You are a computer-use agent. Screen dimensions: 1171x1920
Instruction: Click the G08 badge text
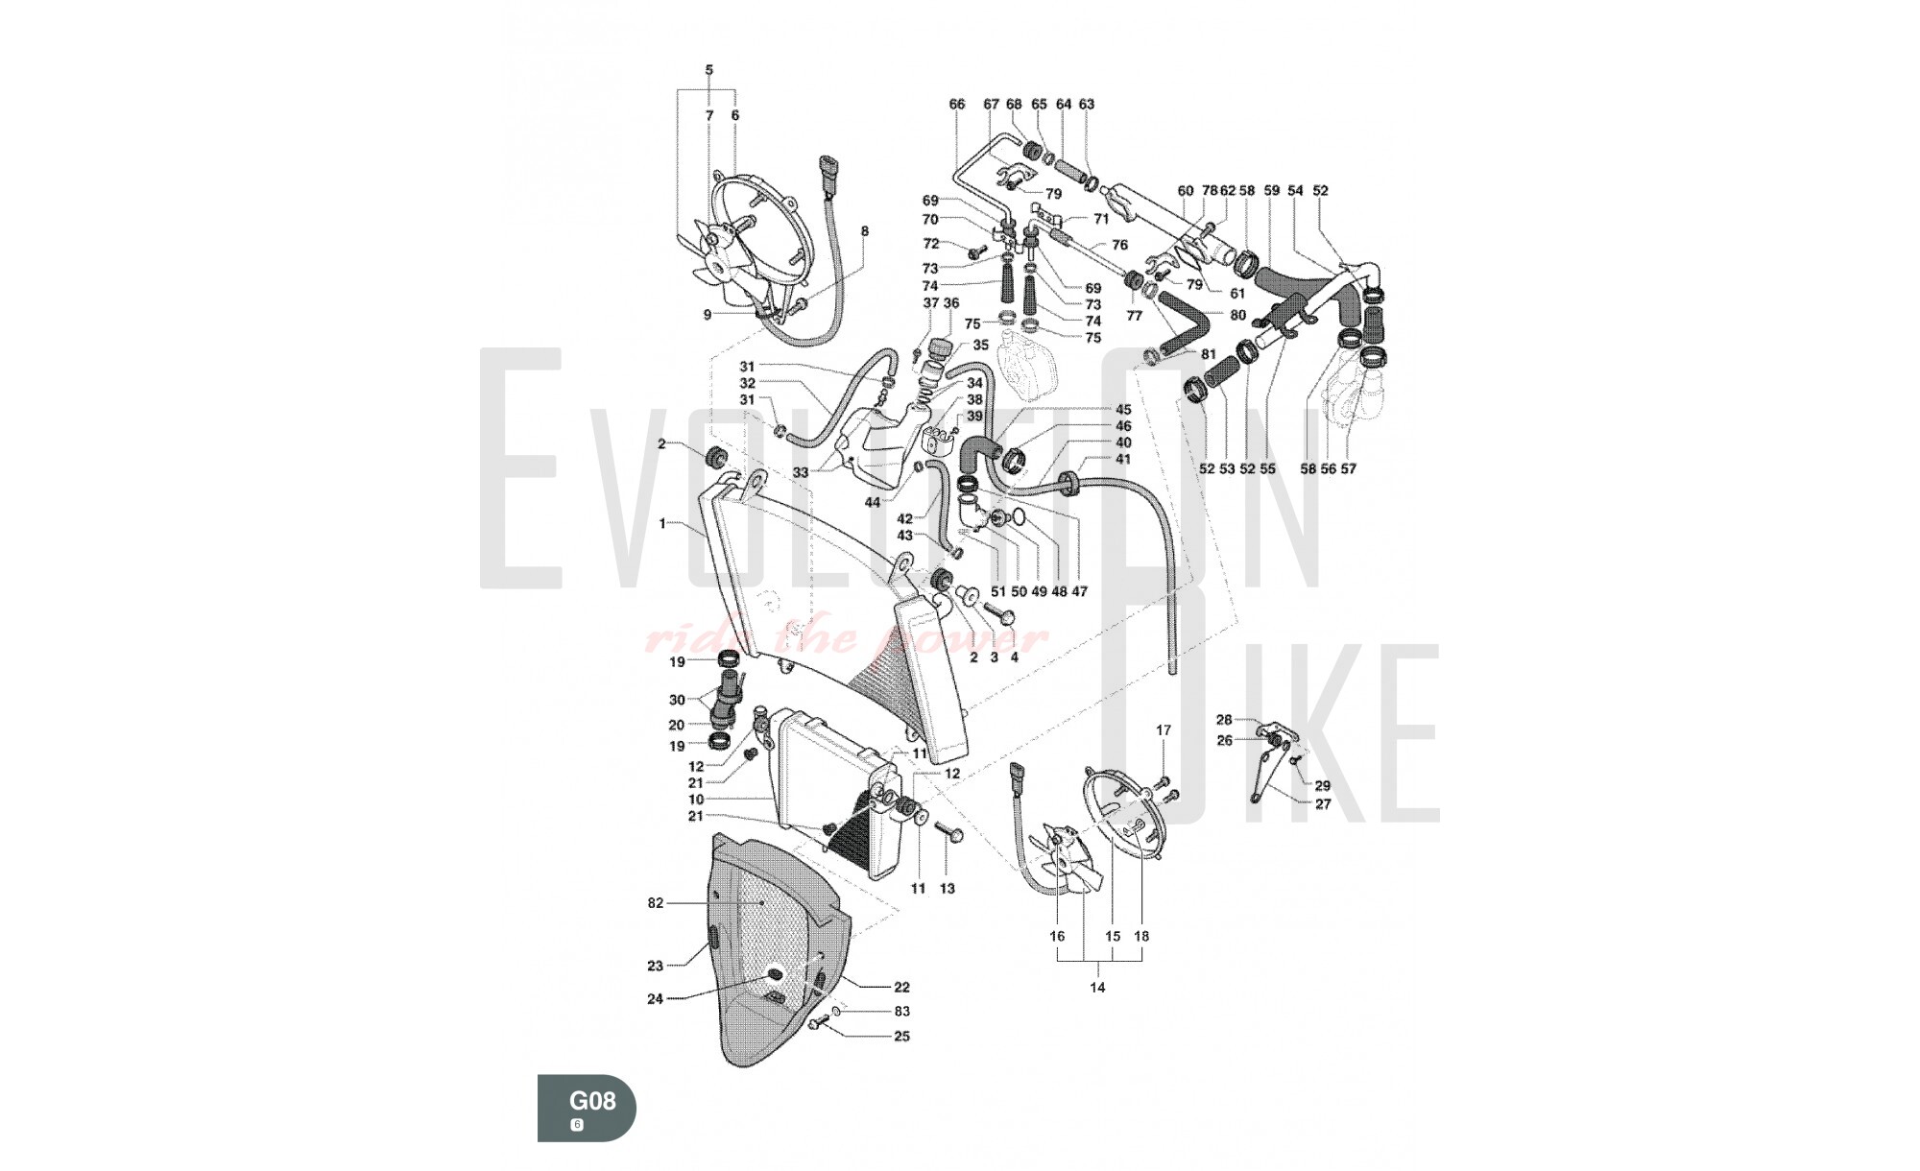click(592, 1100)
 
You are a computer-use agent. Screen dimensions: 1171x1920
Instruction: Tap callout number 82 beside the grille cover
click(656, 903)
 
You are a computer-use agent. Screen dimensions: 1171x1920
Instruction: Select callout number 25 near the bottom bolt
click(901, 1037)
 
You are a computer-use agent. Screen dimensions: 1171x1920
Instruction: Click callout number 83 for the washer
click(901, 1012)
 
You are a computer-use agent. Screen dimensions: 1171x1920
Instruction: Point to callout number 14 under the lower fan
click(1098, 987)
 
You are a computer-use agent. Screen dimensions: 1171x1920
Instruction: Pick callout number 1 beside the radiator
click(662, 523)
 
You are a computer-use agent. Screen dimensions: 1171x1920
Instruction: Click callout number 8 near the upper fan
click(865, 231)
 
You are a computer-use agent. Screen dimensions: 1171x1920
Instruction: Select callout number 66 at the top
click(956, 104)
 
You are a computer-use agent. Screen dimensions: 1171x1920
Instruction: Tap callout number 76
click(1119, 246)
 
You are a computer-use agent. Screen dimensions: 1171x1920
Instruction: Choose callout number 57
click(1349, 469)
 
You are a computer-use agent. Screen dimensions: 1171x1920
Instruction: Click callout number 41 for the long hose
click(1123, 460)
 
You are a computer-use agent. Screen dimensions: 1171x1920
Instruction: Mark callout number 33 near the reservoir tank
click(801, 472)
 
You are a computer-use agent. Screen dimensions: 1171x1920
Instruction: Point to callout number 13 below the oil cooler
click(948, 889)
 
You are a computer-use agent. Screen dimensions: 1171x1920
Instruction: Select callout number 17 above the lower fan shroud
click(1164, 730)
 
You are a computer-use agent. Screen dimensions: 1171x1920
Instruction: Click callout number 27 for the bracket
click(1323, 804)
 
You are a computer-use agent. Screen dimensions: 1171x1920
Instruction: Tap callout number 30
click(677, 700)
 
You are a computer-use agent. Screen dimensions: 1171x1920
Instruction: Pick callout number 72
click(931, 244)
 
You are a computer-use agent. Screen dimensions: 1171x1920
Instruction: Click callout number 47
click(1080, 592)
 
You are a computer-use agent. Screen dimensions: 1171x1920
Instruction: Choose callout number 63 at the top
click(1087, 104)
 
